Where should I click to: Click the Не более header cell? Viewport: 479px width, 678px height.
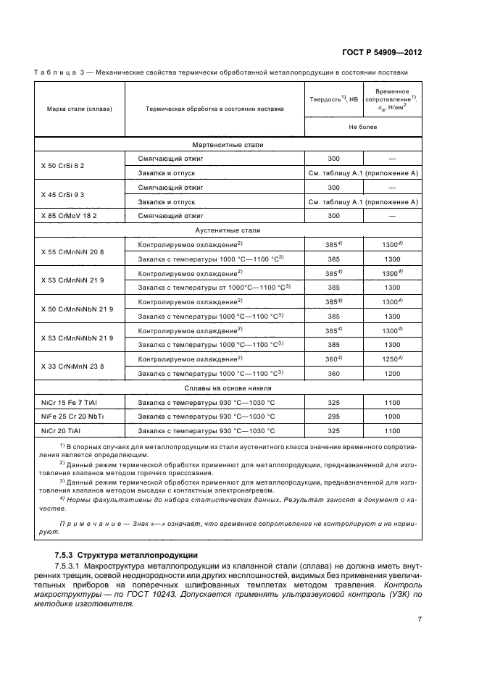point(362,126)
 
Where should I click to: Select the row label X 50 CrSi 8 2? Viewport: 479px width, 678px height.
point(63,166)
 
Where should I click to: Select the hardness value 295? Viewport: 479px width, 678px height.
point(333,416)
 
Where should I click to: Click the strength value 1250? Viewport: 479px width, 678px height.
point(391,359)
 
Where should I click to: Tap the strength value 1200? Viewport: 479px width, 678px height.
point(392,374)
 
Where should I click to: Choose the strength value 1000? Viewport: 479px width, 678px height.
point(392,416)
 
